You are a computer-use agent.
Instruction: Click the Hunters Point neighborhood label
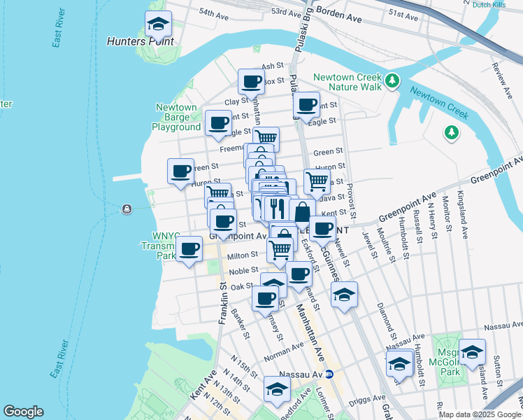[140, 41]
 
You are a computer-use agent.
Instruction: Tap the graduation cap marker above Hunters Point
[159, 25]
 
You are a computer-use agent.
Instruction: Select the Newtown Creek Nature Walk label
[348, 82]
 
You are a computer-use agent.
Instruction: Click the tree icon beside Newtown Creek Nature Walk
[393, 81]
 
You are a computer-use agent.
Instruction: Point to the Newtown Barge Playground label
[176, 117]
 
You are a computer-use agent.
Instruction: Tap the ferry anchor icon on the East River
[127, 209]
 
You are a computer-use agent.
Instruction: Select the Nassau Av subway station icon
[336, 374]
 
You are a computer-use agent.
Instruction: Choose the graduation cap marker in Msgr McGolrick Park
[472, 353]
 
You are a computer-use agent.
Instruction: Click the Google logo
[23, 412]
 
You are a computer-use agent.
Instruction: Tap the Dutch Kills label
[489, 4]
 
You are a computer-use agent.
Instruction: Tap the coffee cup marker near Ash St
[251, 82]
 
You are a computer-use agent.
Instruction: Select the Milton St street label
[243, 255]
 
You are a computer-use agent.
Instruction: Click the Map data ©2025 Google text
[480, 414]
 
